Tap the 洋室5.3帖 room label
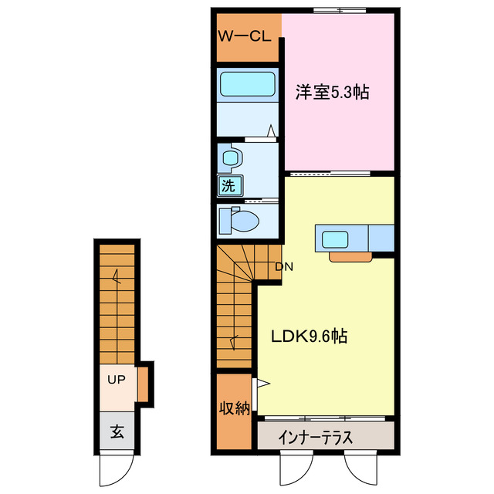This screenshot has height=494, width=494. click(332, 93)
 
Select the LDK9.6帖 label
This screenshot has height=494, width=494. click(308, 337)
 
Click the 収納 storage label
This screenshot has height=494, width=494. click(234, 409)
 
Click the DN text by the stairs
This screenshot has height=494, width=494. click(284, 267)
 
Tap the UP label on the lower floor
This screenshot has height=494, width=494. click(116, 380)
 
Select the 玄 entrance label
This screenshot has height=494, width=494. click(116, 432)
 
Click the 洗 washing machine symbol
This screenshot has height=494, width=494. click(228, 184)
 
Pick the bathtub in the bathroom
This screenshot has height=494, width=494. click(248, 83)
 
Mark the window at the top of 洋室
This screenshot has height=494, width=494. click(340, 10)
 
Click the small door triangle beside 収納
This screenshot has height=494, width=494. click(262, 383)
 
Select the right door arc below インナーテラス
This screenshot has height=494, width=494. click(360, 468)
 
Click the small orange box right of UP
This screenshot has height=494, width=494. click(143, 383)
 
